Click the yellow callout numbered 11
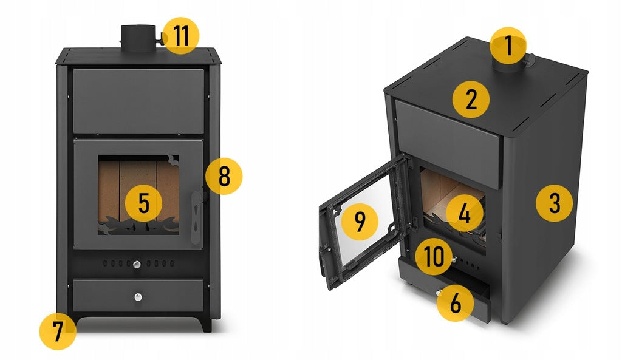tap(180, 36)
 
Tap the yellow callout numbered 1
tap(508, 46)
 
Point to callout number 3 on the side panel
tap(554, 203)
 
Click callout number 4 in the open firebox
tap(465, 214)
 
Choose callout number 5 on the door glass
tap(143, 203)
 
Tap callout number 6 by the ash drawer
tap(456, 303)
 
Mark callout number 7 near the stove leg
tap(58, 331)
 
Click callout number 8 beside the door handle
tap(224, 176)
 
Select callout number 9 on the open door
tap(360, 221)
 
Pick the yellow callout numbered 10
tap(434, 257)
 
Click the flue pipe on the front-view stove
tap(138, 38)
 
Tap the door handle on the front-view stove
tap(196, 217)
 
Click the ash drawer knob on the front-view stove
tap(138, 297)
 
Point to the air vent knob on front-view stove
tap(137, 265)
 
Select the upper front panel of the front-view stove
tap(138, 101)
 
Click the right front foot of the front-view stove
tap(206, 324)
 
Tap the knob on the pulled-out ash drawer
tap(439, 293)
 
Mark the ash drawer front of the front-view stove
tap(138, 296)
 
